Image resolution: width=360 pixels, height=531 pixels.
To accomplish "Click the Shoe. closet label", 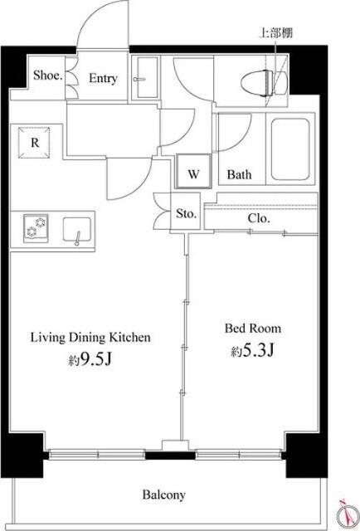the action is pos(48,76).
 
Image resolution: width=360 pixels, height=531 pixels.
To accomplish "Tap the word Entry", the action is pos(103,79).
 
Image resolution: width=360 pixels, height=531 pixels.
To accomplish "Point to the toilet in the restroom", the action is pos(264,83).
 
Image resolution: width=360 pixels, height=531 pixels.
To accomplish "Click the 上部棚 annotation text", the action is pos(275,33).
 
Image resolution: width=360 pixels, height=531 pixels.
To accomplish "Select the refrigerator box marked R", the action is pos(34,143).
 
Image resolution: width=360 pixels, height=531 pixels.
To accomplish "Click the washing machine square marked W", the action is pos(193,171).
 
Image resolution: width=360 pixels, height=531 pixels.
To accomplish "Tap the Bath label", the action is pos(239,175).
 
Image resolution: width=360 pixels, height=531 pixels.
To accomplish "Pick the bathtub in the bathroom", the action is pos(290,149).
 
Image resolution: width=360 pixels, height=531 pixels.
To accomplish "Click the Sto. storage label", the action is pos(186,214).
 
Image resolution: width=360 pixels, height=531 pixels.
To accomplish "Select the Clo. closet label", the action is pos(259,218).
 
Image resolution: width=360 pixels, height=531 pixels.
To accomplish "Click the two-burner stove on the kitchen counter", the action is pos(36,228).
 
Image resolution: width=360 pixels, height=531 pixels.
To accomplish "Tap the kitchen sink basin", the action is pos(77,231).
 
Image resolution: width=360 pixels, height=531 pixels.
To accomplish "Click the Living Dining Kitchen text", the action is pos(90,338).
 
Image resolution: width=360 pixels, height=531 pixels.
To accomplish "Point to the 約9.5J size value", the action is pos(90,360).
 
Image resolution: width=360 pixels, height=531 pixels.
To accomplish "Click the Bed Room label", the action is pos(253,329).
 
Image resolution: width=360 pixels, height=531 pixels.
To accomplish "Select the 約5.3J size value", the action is pos(252,351).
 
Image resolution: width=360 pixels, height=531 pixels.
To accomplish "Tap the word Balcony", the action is pos(164,494).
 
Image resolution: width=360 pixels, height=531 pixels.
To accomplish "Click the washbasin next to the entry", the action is pos(145,78).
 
